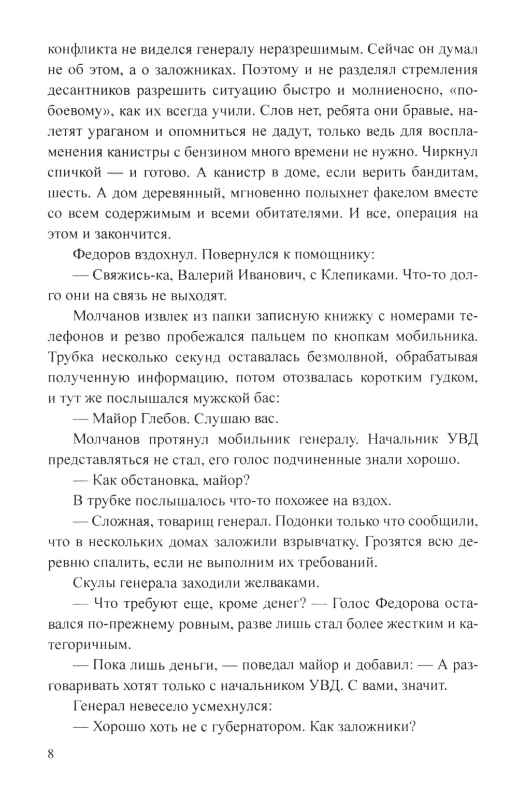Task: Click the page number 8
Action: click(x=50, y=753)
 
